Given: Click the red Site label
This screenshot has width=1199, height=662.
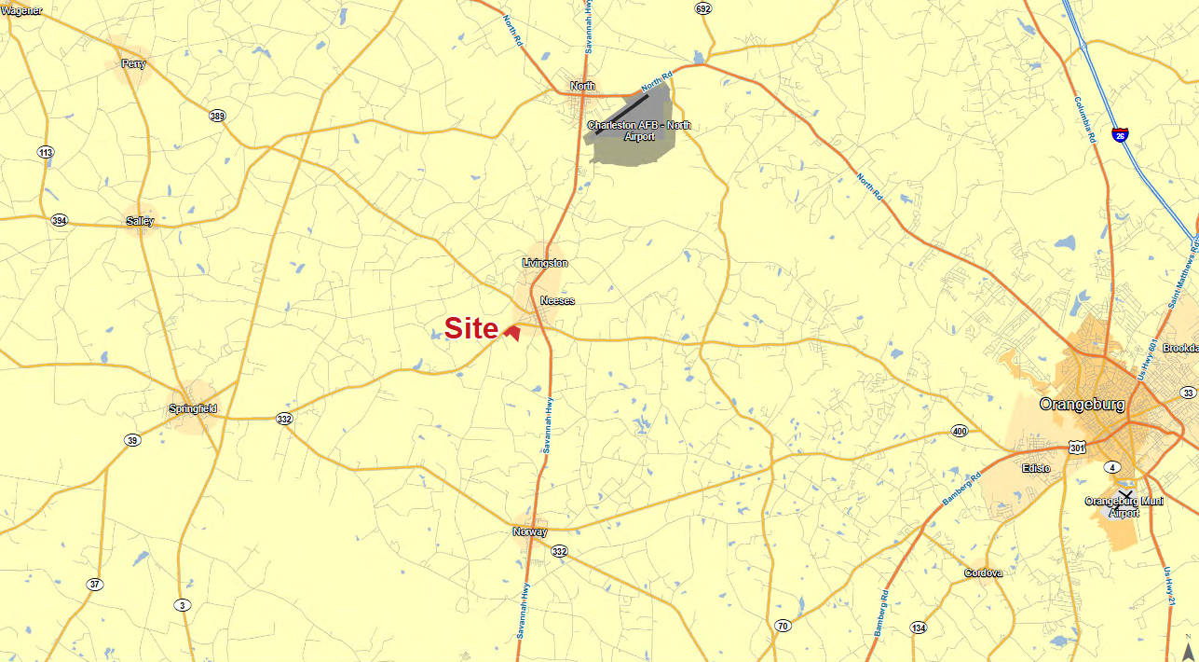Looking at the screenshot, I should (471, 328).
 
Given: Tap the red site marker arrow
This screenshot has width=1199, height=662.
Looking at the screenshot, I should (512, 332).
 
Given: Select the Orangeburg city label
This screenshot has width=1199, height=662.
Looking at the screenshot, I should (1082, 405).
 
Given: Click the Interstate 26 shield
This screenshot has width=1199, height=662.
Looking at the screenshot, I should (1120, 135).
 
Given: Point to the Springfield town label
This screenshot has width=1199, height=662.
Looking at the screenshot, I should (193, 408).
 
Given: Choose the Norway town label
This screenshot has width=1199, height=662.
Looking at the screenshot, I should (529, 531).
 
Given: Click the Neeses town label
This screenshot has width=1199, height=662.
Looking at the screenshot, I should (557, 300).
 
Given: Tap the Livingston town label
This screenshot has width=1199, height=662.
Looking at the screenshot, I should (545, 263).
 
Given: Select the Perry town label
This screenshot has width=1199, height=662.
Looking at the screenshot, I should (133, 63).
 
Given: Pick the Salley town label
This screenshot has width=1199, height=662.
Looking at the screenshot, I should (140, 221).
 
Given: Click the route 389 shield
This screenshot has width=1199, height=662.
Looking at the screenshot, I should (217, 117).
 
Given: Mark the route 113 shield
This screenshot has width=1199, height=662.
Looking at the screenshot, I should (46, 152).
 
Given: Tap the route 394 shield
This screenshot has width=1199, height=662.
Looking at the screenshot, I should (60, 221).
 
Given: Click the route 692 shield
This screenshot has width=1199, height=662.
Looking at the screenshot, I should (702, 8).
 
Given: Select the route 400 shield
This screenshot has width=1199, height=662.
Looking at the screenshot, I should (960, 431).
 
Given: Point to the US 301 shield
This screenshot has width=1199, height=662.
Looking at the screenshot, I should (1077, 448).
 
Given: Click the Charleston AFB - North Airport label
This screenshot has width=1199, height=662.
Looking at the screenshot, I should (639, 131).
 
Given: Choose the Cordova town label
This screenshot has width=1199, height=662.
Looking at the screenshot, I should (983, 572).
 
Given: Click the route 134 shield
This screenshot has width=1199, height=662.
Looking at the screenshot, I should (919, 627).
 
